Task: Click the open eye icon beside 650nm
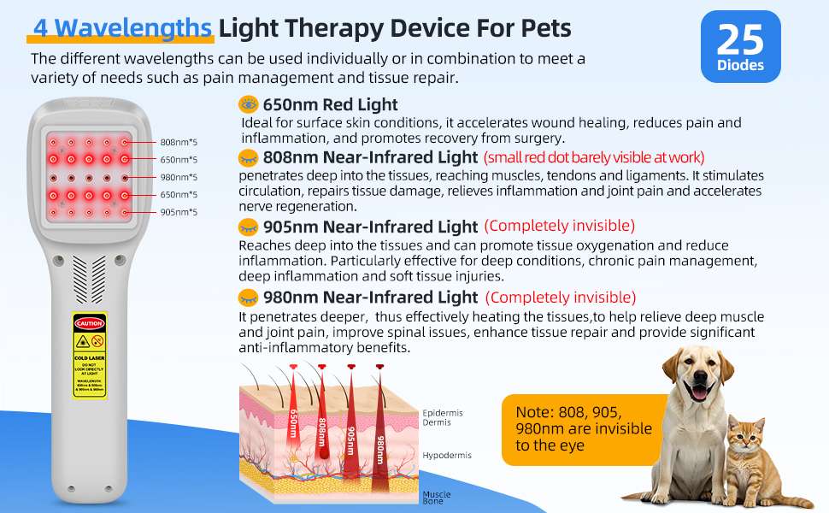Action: [249, 104]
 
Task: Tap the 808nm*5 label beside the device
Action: [179, 142]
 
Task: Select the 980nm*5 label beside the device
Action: [179, 177]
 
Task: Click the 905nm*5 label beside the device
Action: [179, 212]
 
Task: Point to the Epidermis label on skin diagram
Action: [443, 413]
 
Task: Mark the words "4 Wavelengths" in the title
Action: [121, 28]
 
